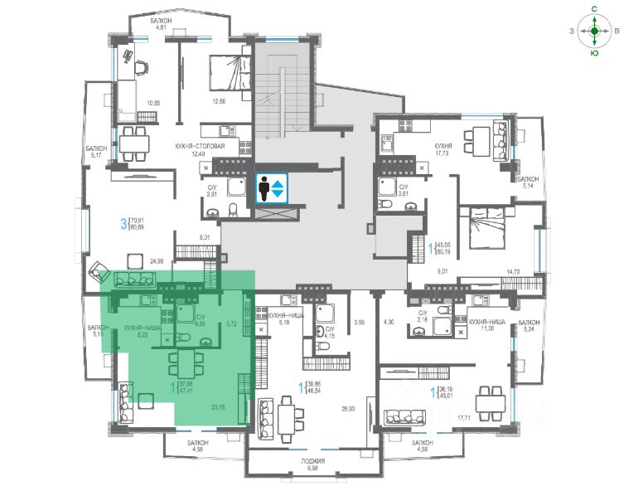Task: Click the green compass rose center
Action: point(594,32)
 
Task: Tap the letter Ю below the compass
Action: point(594,52)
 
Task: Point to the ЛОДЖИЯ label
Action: point(312,460)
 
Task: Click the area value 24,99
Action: point(157,260)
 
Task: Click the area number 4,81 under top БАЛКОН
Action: point(162,27)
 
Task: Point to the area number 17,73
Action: point(443,153)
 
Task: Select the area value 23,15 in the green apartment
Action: point(219,407)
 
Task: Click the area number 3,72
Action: point(232,323)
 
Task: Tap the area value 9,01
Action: point(443,270)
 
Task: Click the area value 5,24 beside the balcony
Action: point(528,329)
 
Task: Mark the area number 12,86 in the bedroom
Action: point(219,101)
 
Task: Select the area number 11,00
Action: point(486,329)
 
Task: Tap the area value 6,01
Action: point(206,236)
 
